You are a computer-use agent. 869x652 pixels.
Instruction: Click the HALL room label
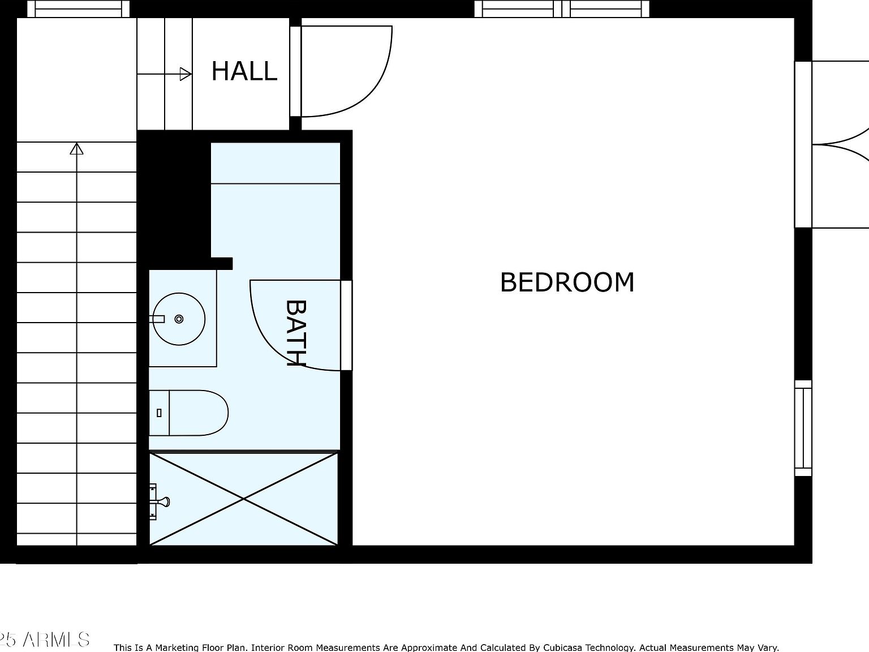pos(244,71)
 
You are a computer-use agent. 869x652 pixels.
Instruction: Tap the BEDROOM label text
pos(567,282)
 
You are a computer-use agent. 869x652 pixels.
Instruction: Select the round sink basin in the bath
pos(179,319)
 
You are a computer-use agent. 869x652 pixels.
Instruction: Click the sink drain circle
pos(179,319)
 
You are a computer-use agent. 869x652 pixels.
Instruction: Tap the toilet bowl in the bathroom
pos(198,413)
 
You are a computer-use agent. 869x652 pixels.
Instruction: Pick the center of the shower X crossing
pos(243,499)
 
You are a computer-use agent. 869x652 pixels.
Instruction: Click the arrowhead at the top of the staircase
pos(77,149)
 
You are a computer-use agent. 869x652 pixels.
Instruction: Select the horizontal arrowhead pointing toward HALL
pos(186,74)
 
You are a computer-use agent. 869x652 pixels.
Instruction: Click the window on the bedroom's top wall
pos(562,8)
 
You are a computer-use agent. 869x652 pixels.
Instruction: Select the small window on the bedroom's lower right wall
pos(803,428)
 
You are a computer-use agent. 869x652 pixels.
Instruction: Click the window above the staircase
pos(79,8)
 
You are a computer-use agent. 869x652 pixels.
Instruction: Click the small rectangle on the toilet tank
pos(159,413)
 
